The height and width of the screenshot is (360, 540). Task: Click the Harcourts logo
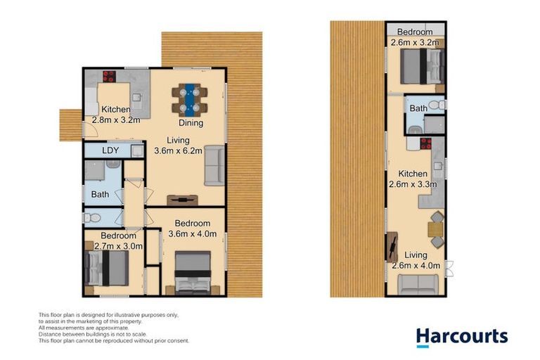coord(461,337)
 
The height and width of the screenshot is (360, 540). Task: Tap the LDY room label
coord(110,150)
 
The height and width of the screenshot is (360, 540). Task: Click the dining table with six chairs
coord(189,99)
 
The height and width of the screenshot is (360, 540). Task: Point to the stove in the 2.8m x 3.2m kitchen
coord(110,77)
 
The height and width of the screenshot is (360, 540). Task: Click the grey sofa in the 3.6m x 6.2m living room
coord(214,168)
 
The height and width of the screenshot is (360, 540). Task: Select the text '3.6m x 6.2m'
coord(179,150)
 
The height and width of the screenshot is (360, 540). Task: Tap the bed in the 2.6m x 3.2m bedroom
coord(420,70)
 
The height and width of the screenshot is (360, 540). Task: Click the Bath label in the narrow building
coord(418,108)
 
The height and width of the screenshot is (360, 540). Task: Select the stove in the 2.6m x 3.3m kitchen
coord(425,145)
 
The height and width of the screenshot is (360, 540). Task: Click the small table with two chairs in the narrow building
coord(436,229)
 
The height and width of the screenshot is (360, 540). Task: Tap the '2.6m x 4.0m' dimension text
coord(416,266)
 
